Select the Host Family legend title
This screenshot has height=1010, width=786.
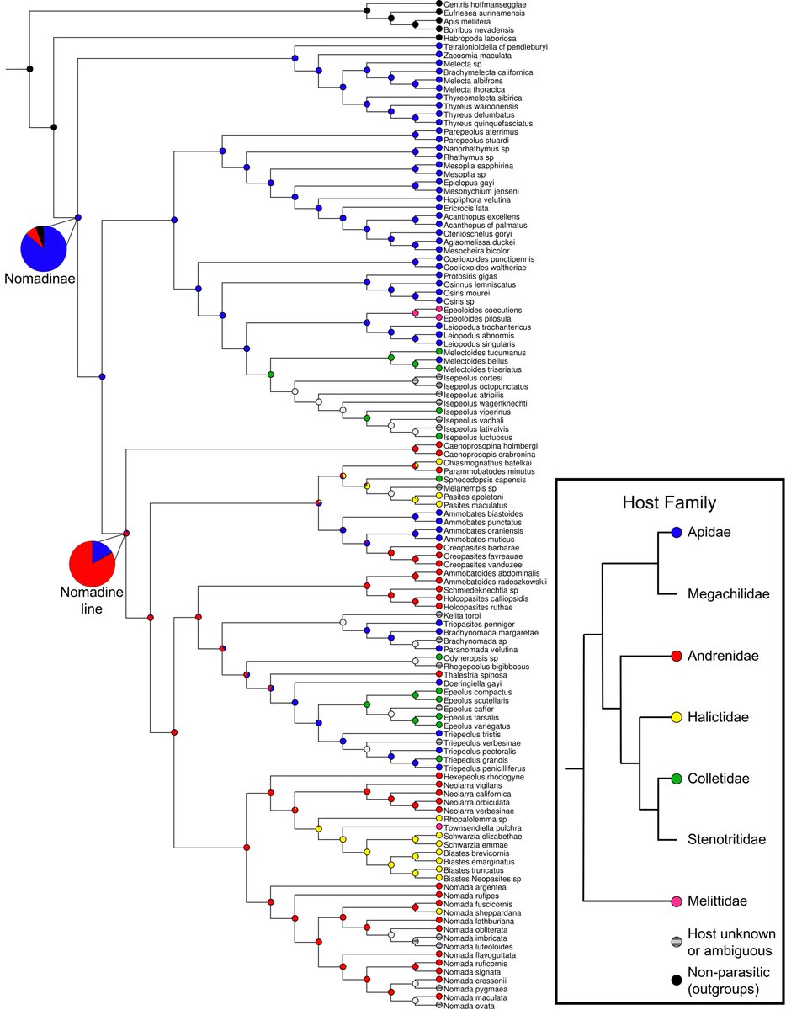coord(670,503)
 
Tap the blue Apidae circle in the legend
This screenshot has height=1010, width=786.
coord(676,533)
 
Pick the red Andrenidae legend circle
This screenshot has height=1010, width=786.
coord(676,655)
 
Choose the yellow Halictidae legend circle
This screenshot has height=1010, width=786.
coord(676,717)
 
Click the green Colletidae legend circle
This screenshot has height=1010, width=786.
coord(676,778)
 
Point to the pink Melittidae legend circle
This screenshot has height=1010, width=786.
coord(676,901)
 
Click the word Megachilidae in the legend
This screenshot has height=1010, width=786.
coord(729,594)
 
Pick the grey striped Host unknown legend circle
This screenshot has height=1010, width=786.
coord(676,942)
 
